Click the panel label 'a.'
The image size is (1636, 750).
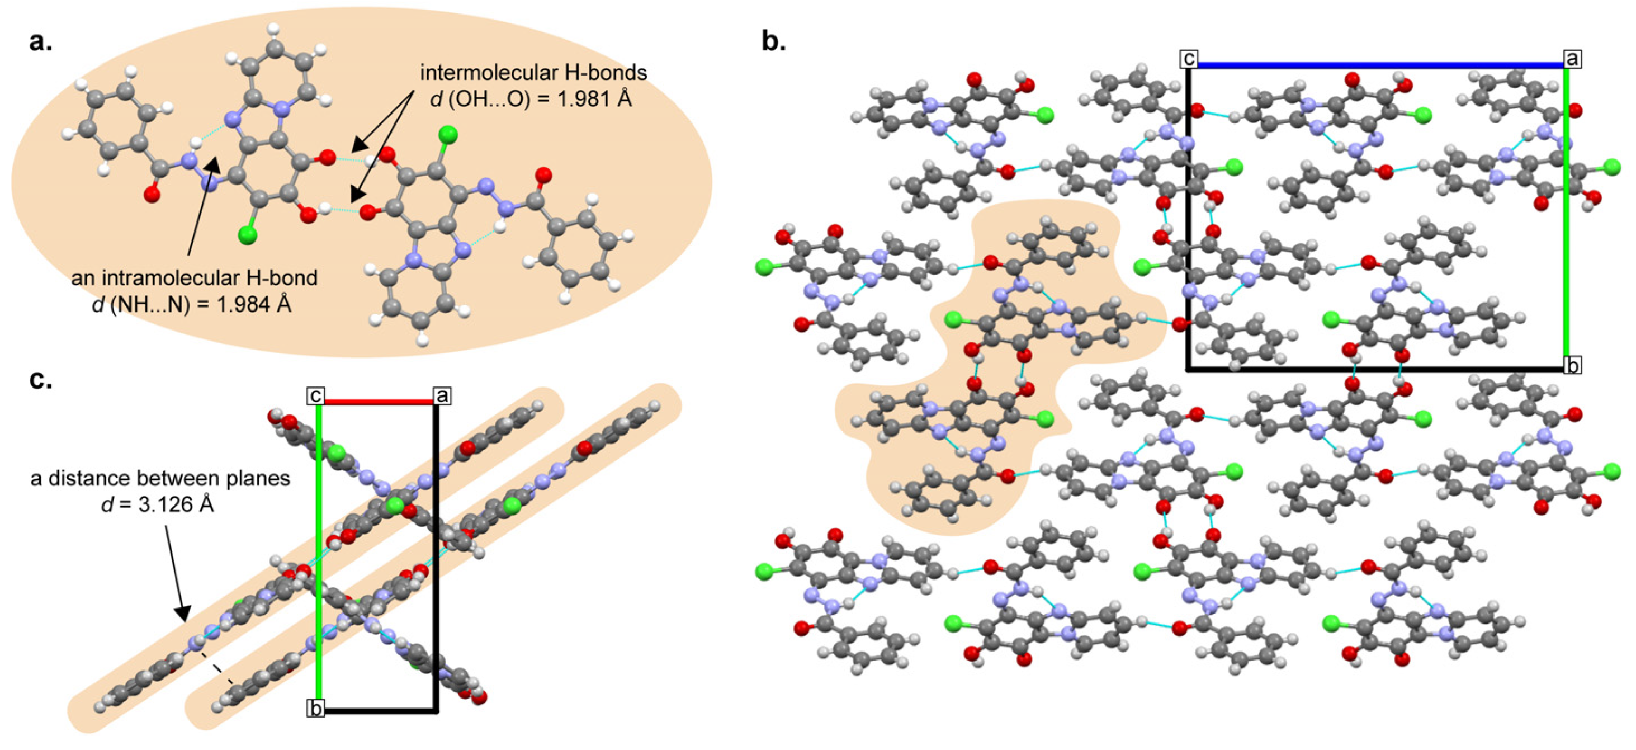(x=41, y=42)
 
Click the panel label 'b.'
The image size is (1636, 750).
(x=773, y=42)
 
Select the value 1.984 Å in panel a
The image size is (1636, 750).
(x=254, y=305)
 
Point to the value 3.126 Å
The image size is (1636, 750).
(x=181, y=505)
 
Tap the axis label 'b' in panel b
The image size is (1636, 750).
(x=1572, y=365)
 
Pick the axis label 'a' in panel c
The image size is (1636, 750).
(x=442, y=395)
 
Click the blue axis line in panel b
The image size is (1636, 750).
(x=1378, y=65)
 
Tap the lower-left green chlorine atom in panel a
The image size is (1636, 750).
(x=247, y=235)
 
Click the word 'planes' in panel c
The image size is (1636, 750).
(x=258, y=478)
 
